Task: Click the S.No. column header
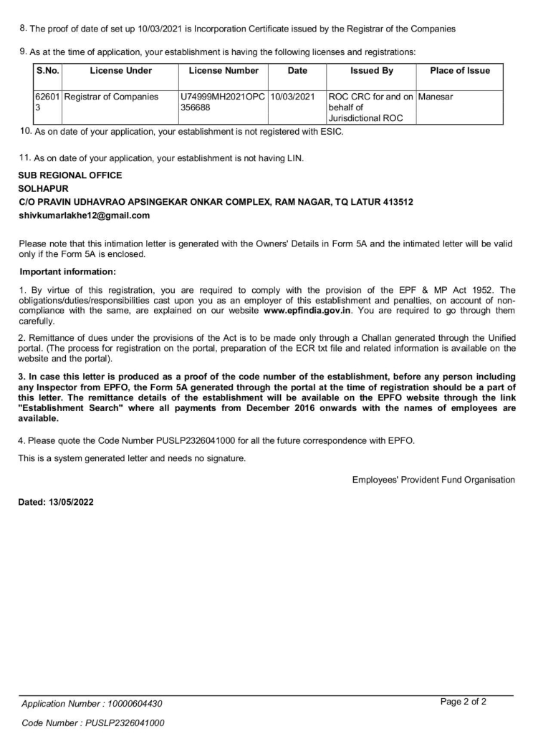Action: tap(48, 71)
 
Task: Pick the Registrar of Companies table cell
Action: tap(111, 96)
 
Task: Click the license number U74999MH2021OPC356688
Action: tap(222, 102)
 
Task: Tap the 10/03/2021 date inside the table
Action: tap(293, 96)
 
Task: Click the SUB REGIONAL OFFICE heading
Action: tap(70, 175)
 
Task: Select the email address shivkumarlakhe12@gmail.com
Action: tap(84, 216)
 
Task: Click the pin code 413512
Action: tap(395, 202)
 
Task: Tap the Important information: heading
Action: tap(67, 271)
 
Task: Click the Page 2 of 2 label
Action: tap(464, 701)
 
